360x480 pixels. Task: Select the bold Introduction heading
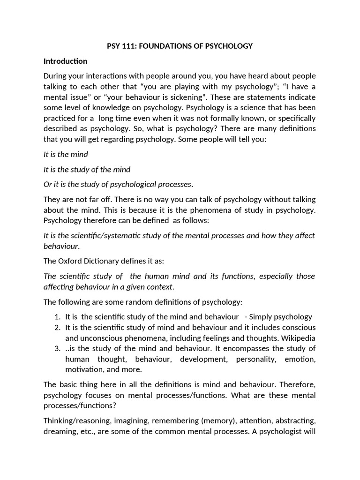tap(65, 61)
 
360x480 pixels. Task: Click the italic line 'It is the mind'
tap(66, 154)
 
